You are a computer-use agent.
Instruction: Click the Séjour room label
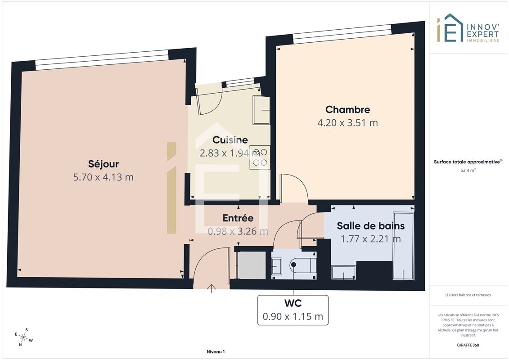(103, 164)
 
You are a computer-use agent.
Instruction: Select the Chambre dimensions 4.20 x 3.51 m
(347, 123)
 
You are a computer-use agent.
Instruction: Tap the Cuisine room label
(230, 139)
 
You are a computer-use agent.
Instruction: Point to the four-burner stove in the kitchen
(260, 157)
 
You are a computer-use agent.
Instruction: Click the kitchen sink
(261, 110)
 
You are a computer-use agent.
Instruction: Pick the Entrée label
(238, 218)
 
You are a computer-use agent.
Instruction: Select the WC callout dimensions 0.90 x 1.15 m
(293, 316)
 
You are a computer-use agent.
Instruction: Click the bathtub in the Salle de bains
(404, 246)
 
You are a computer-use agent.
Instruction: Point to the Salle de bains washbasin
(344, 272)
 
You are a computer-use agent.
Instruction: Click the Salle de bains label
(371, 225)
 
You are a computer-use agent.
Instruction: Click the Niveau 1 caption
(216, 351)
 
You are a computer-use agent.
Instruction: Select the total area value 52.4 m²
(468, 170)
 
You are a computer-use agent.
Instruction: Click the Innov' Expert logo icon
(450, 28)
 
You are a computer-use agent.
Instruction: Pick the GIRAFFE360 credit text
(468, 345)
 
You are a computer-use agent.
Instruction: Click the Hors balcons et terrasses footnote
(468, 295)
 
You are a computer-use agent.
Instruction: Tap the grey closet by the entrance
(251, 265)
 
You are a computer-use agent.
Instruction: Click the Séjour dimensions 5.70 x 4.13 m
(103, 177)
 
